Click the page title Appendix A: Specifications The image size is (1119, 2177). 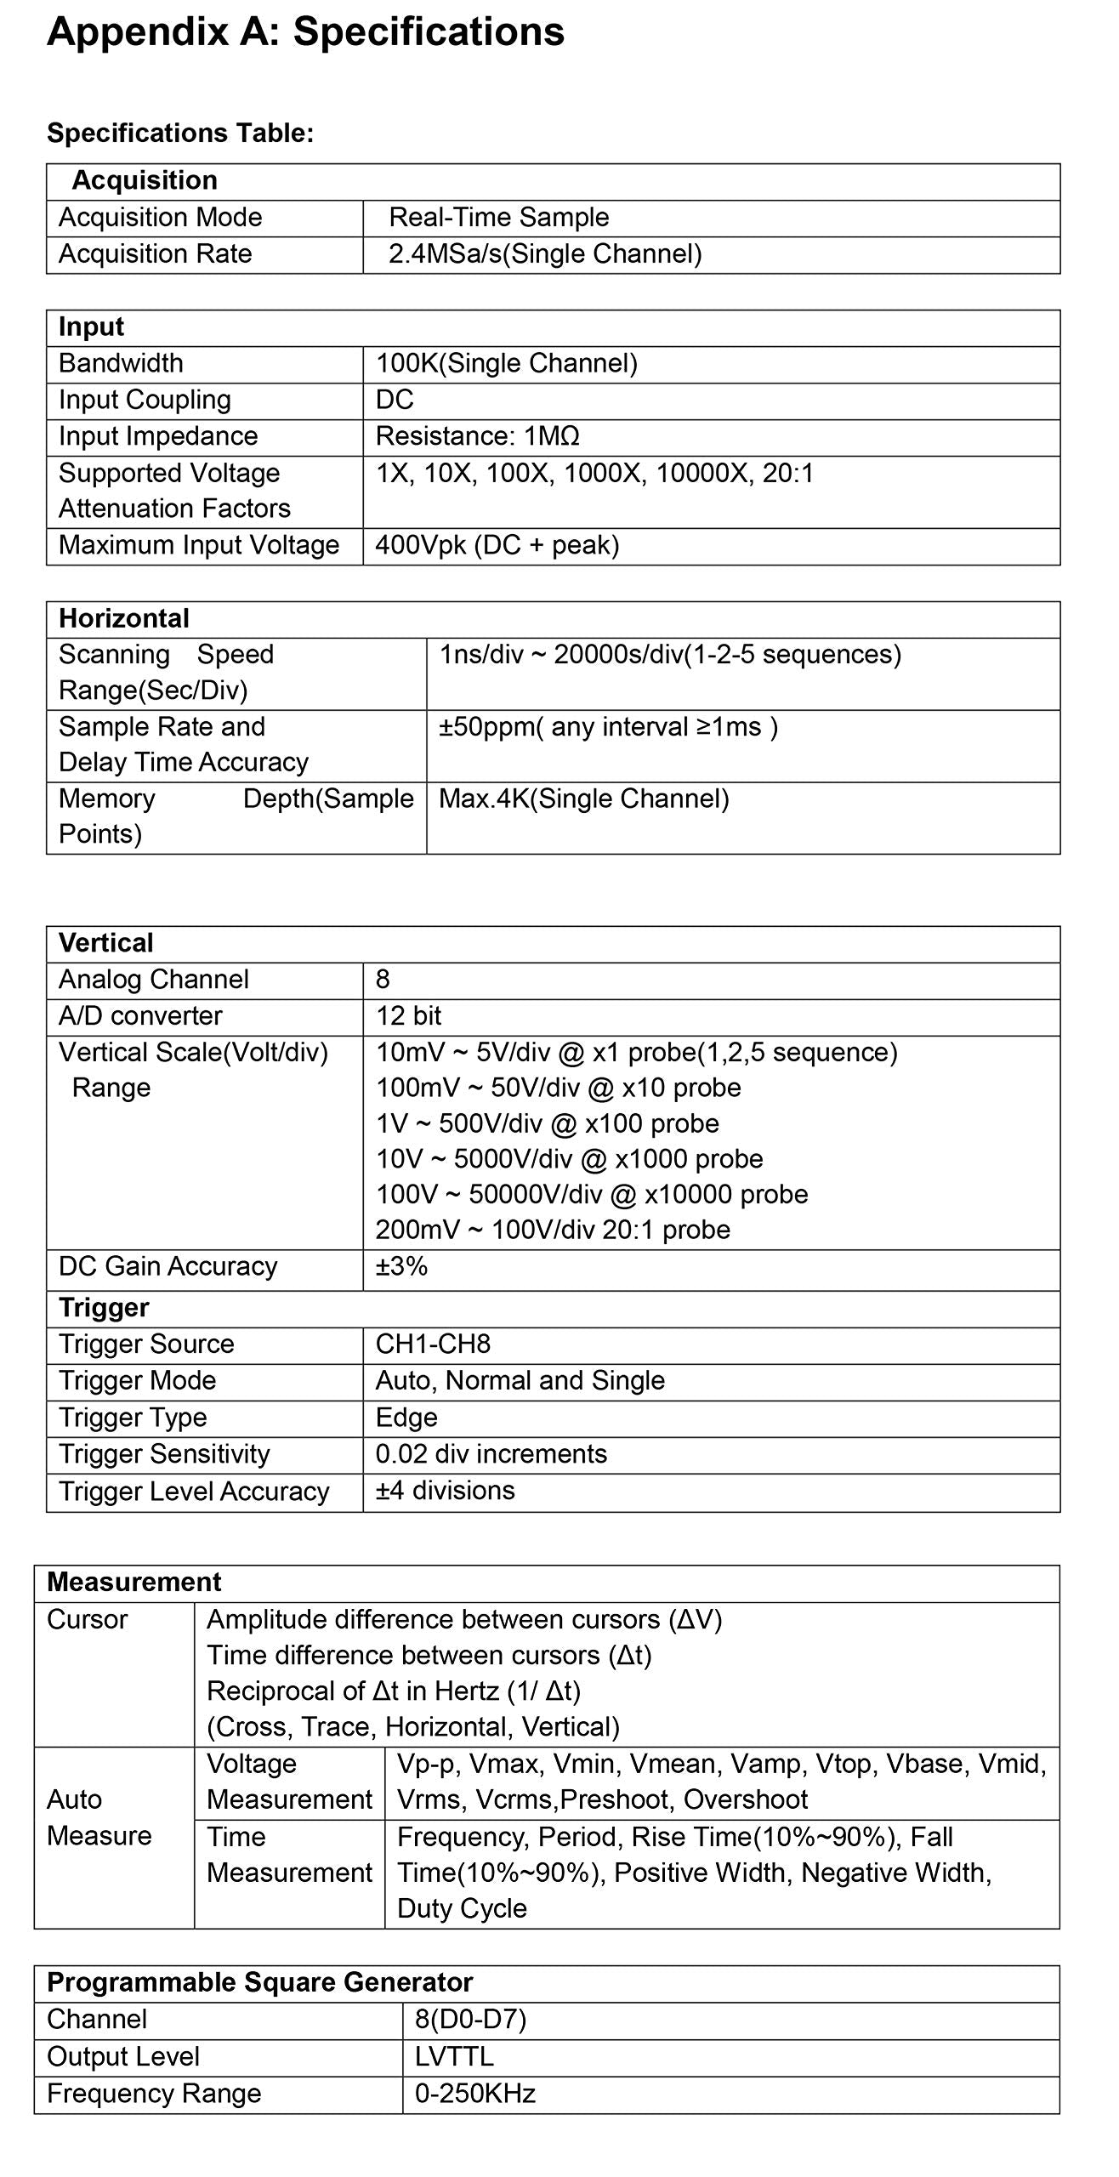tap(305, 32)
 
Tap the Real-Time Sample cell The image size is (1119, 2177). tap(499, 218)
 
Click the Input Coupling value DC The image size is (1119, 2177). tap(395, 400)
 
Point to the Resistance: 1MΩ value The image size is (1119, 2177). tap(477, 436)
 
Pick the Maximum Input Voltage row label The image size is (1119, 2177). tap(199, 545)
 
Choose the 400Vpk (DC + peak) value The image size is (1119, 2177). tap(497, 545)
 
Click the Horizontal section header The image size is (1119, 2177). tap(124, 618)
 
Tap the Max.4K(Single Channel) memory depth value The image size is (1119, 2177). tap(584, 799)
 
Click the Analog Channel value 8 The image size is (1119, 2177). tap(383, 980)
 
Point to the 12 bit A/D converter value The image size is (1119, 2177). tap(409, 1016)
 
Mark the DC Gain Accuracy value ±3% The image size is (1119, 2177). tap(401, 1266)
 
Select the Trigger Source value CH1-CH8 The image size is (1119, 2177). tap(433, 1344)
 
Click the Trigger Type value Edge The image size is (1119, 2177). tap(406, 1418)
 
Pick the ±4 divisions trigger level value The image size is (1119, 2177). tap(445, 1491)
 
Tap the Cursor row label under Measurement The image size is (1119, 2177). tap(87, 1619)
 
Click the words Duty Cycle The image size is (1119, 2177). tap(462, 1908)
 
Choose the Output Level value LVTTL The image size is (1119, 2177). tap(454, 2056)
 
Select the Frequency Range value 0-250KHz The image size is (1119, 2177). tap(475, 2093)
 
